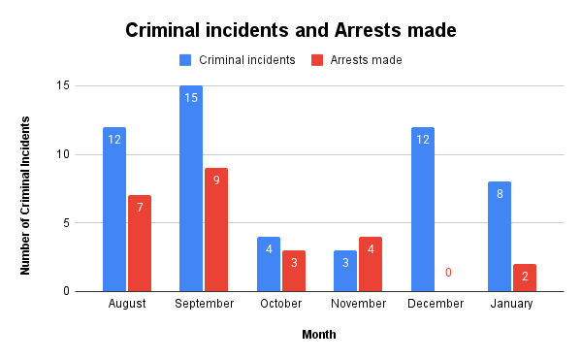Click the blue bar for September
[190, 188]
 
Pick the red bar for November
[371, 264]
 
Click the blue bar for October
[269, 264]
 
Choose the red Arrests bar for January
[525, 278]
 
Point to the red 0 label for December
[448, 273]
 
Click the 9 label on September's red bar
[217, 180]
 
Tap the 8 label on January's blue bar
[499, 194]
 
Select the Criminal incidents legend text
[246, 60]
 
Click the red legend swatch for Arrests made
[317, 60]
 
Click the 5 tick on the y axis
[66, 222]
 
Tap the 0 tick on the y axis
[66, 291]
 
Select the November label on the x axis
[358, 304]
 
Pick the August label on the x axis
[127, 304]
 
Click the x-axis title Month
[318, 334]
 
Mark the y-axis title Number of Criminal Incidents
[26, 194]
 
